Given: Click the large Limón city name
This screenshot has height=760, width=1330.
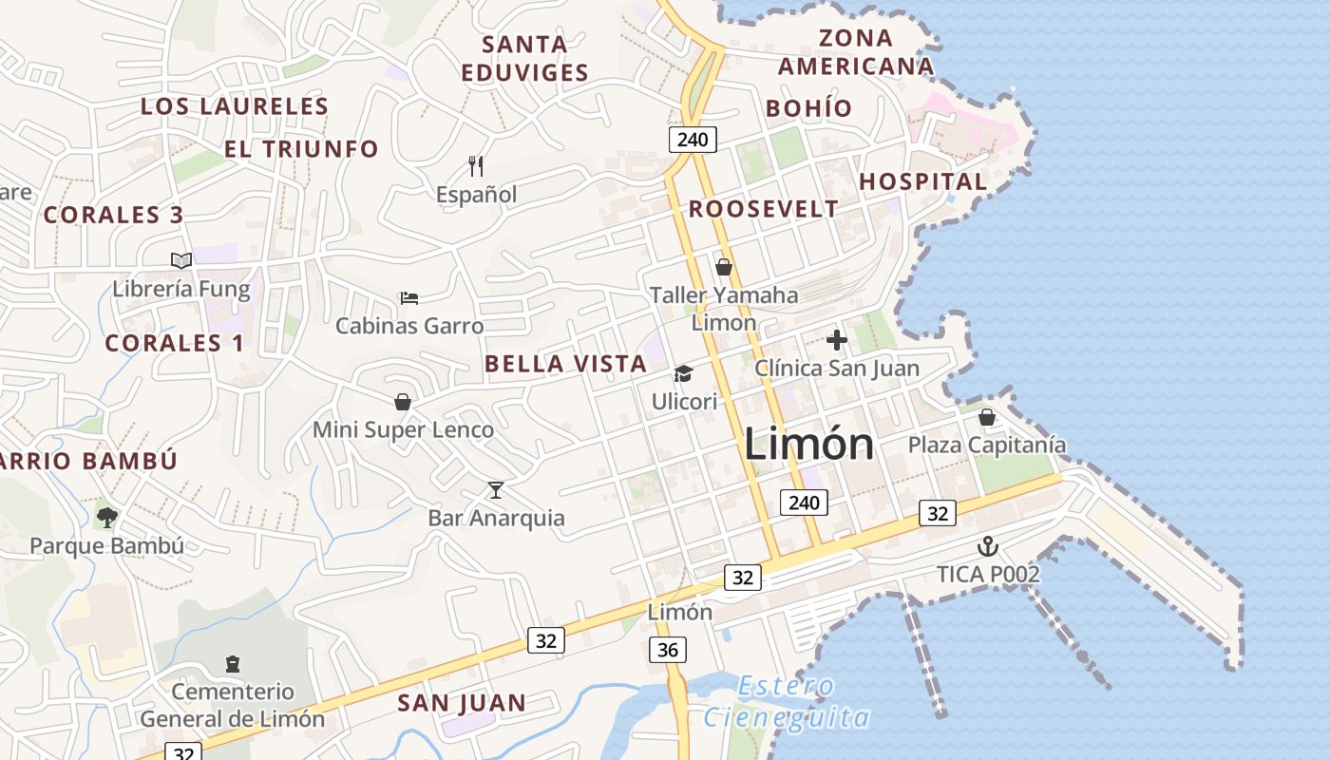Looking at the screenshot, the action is [808, 445].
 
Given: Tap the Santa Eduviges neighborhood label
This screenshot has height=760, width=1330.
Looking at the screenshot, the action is [524, 58].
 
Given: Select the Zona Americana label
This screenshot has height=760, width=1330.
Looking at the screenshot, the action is [856, 52].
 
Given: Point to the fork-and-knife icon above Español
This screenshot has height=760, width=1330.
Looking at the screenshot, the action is [476, 166].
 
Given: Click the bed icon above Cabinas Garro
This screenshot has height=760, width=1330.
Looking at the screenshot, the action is [409, 298].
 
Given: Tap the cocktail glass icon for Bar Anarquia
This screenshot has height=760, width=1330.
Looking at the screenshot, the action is [495, 490].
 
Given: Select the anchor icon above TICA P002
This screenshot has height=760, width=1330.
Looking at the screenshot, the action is [988, 546].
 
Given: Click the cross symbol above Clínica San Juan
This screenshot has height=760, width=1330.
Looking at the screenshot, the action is [837, 340].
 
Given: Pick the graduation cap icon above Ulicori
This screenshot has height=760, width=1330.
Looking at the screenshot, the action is [683, 374].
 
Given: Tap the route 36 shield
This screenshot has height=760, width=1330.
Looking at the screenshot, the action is [669, 650].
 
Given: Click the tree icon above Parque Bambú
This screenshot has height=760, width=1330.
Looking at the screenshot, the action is [106, 518].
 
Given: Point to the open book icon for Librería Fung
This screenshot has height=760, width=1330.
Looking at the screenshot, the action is [181, 260].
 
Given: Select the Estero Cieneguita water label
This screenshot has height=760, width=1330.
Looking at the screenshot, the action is [787, 701].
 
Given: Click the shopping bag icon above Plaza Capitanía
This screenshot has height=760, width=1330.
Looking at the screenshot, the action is [987, 417].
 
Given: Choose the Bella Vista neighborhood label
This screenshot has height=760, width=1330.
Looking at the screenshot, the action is [565, 364].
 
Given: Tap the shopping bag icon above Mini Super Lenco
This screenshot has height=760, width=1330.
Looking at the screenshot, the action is [403, 402].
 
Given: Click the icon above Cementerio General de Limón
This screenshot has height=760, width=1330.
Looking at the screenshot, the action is [233, 663].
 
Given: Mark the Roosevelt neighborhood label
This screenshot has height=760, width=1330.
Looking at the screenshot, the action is [764, 209].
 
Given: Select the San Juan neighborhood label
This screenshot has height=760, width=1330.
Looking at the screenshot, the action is [462, 703].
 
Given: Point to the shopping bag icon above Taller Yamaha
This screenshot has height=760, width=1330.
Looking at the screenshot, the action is [724, 267].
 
